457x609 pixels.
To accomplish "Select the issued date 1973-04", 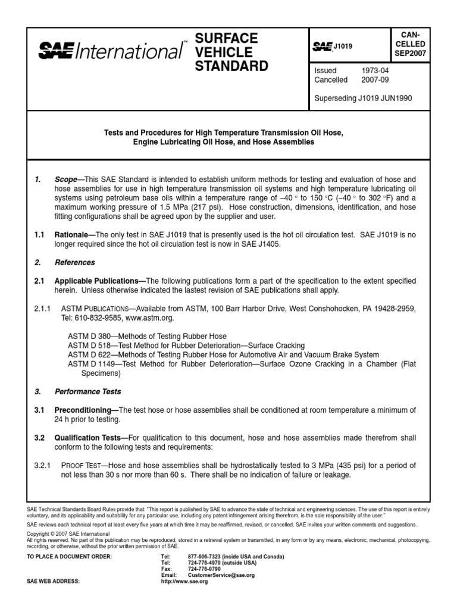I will pos(373,70).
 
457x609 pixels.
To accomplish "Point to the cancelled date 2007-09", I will pos(373,79).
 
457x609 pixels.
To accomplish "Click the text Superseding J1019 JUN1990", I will pos(362,98).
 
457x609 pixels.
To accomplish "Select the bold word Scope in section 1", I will pos(68,178).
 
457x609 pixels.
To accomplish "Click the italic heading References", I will pos(74,262).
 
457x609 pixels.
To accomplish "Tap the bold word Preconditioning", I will pos(86,410).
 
